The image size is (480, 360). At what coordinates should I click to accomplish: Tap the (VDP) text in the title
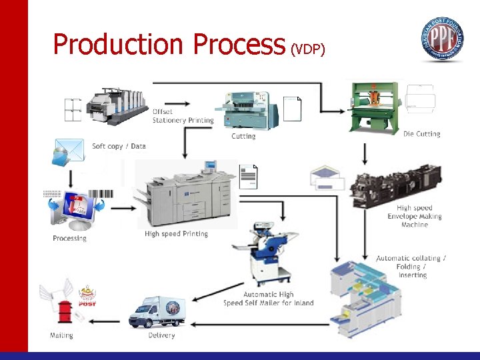[x=307, y=49]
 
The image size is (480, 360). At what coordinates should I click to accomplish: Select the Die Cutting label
[x=421, y=134]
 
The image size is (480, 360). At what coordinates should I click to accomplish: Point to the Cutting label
[x=243, y=136]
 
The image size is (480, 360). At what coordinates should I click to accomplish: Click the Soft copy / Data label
[x=119, y=146]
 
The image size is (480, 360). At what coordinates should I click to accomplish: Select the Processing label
[x=69, y=238]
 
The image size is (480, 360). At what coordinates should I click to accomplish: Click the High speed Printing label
[x=176, y=234]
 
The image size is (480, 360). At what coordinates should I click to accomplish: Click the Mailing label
[x=61, y=335]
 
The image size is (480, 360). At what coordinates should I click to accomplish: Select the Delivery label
[x=161, y=335]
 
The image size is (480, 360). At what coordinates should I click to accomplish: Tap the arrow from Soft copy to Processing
[x=71, y=177]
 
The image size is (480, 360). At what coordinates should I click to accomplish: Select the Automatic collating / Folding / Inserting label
[x=411, y=267]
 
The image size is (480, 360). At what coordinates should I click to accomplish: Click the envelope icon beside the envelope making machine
[x=327, y=178]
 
